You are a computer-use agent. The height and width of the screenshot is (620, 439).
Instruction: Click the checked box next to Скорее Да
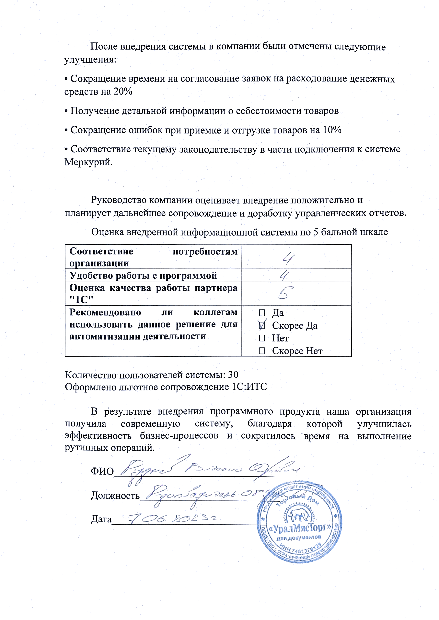262,325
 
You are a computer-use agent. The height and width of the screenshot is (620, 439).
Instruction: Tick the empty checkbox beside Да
262,313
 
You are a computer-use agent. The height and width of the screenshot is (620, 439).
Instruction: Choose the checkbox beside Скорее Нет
262,351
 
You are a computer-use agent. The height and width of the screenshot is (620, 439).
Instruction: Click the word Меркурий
88,162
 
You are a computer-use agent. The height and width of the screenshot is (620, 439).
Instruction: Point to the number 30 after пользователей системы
233,375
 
